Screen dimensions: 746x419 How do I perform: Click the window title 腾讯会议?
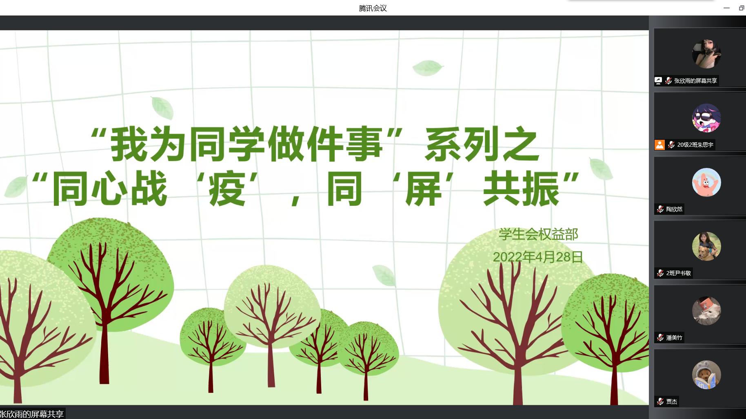373,8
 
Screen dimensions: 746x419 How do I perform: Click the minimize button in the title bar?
726,8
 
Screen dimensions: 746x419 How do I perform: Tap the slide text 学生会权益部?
538,234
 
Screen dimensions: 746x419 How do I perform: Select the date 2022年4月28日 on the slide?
537,257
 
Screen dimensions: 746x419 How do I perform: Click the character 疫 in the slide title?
227,189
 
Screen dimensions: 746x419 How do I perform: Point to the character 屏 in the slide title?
423,189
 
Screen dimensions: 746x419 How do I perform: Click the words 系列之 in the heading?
482,144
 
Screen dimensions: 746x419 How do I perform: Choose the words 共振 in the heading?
521,189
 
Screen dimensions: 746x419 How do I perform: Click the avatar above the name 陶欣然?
706,182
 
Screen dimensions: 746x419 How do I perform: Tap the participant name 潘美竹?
674,337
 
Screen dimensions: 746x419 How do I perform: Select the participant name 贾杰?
672,401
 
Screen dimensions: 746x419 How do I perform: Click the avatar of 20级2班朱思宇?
706,118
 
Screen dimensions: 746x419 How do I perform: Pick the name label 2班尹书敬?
679,273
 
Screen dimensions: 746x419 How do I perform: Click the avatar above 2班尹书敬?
706,246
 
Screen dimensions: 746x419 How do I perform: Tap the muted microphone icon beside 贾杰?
660,401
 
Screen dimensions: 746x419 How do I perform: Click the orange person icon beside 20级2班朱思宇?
659,145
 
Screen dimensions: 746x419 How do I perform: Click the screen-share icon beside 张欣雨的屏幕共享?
658,81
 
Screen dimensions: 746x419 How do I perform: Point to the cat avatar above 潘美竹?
706,311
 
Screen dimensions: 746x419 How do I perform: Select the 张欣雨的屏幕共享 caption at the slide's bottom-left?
32,414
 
